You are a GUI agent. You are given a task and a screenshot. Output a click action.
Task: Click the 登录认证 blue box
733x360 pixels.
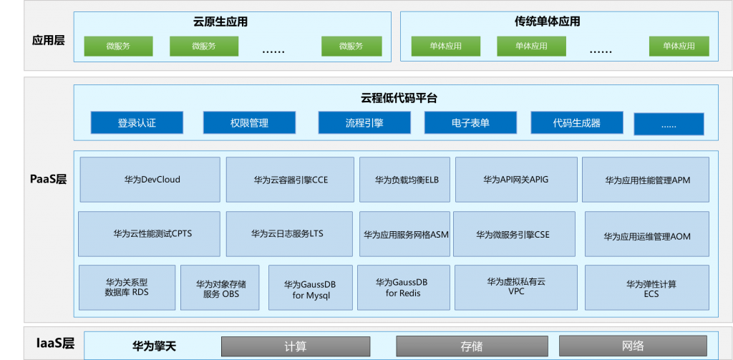(x=137, y=122)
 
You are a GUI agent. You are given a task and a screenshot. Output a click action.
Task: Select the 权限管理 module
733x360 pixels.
(x=249, y=122)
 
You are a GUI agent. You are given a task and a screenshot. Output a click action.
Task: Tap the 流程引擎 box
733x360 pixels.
(x=364, y=122)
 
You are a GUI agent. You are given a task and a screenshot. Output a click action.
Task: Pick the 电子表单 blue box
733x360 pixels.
(x=471, y=122)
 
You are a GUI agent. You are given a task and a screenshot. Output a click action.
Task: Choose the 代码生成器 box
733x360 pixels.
(x=577, y=122)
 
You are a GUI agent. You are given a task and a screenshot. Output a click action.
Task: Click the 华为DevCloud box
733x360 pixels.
(x=150, y=180)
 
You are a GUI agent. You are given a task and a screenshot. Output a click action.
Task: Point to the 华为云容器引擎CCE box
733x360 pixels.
(x=291, y=180)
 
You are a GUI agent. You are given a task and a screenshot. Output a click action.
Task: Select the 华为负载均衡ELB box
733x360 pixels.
(x=405, y=180)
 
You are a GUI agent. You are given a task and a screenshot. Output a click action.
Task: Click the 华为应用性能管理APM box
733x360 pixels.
(x=646, y=180)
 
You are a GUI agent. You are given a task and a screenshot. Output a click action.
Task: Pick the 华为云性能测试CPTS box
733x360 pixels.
(x=149, y=234)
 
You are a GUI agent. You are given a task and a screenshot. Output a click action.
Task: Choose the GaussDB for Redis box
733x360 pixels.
(x=404, y=288)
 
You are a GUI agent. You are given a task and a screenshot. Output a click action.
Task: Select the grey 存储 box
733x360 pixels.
(x=471, y=346)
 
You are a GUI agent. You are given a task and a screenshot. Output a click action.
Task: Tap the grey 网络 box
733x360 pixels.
(x=633, y=346)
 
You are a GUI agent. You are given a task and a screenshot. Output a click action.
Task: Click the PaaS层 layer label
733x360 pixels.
(x=48, y=180)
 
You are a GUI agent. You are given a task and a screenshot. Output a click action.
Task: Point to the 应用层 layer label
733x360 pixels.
(x=48, y=40)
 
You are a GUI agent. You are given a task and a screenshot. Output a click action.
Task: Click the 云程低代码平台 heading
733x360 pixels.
(x=399, y=98)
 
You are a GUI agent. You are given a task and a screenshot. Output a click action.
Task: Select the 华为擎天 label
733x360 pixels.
(x=155, y=346)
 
